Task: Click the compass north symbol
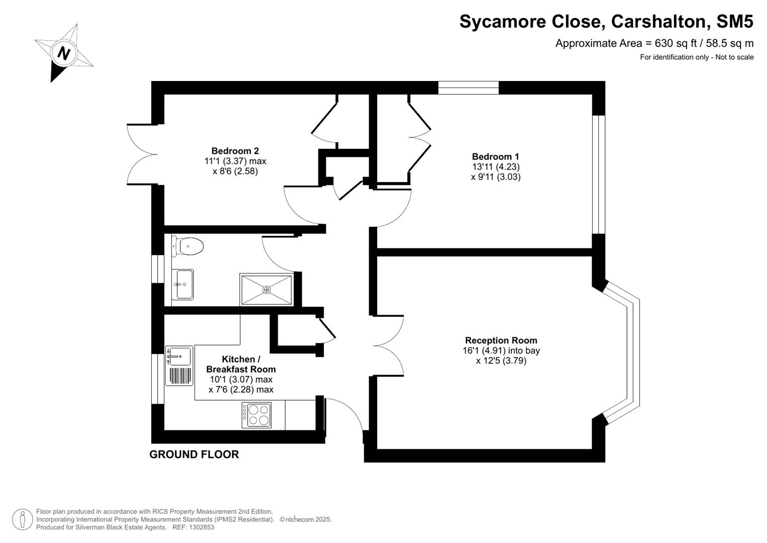pyautogui.click(x=64, y=53)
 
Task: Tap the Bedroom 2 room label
pyautogui.click(x=235, y=151)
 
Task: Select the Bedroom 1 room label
pyautogui.click(x=495, y=156)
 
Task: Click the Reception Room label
pyautogui.click(x=501, y=340)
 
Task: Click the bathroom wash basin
pyautogui.click(x=182, y=285)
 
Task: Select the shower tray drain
pyautogui.click(x=266, y=290)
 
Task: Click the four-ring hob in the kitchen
pyautogui.click(x=257, y=415)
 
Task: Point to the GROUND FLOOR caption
pyautogui.click(x=194, y=455)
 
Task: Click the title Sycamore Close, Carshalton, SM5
pyautogui.click(x=606, y=22)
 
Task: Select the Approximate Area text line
pyautogui.click(x=654, y=43)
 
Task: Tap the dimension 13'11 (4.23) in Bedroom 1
pyautogui.click(x=495, y=166)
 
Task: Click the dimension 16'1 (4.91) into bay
pyautogui.click(x=501, y=350)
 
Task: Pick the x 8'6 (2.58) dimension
pyautogui.click(x=235, y=171)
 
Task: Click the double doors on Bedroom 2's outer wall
pyautogui.click(x=141, y=154)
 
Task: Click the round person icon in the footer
pyautogui.click(x=23, y=519)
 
